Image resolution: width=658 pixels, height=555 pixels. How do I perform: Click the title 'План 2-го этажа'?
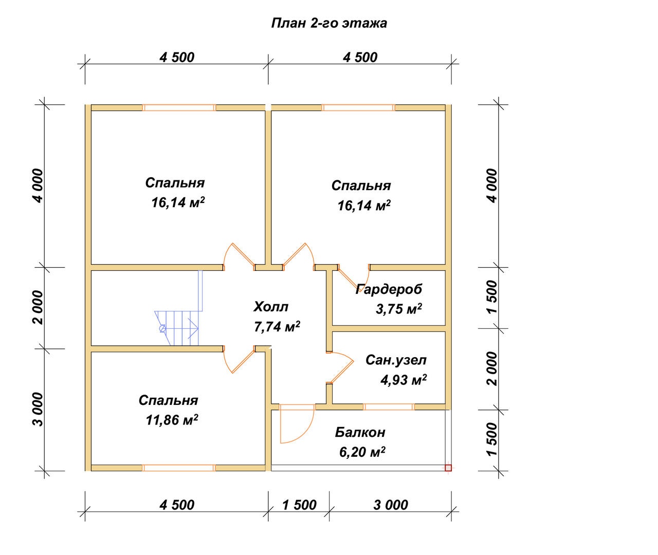click(329, 24)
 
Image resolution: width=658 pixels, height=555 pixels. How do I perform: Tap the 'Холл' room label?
click(271, 307)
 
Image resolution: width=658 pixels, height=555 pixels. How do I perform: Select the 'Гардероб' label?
click(389, 289)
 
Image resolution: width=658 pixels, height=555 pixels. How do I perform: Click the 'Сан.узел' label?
click(396, 360)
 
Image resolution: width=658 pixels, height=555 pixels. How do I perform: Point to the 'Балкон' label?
click(360, 433)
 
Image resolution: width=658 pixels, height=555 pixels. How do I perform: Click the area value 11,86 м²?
click(172, 420)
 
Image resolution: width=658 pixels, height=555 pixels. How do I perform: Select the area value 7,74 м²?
click(277, 327)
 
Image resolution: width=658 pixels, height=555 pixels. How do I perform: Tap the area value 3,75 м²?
click(398, 309)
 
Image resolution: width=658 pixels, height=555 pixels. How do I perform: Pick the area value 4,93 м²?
click(404, 380)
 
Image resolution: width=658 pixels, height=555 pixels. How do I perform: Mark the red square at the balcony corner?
click(448, 468)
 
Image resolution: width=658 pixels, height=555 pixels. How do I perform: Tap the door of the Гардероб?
click(353, 278)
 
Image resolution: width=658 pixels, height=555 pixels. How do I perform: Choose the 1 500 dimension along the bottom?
click(299, 505)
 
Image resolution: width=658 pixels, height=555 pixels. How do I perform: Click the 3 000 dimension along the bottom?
click(391, 505)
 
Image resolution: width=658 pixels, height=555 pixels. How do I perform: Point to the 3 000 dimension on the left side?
click(38, 410)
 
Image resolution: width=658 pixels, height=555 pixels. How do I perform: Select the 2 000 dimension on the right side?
click(492, 369)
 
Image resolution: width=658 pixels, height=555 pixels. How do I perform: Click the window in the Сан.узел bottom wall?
click(389, 407)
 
